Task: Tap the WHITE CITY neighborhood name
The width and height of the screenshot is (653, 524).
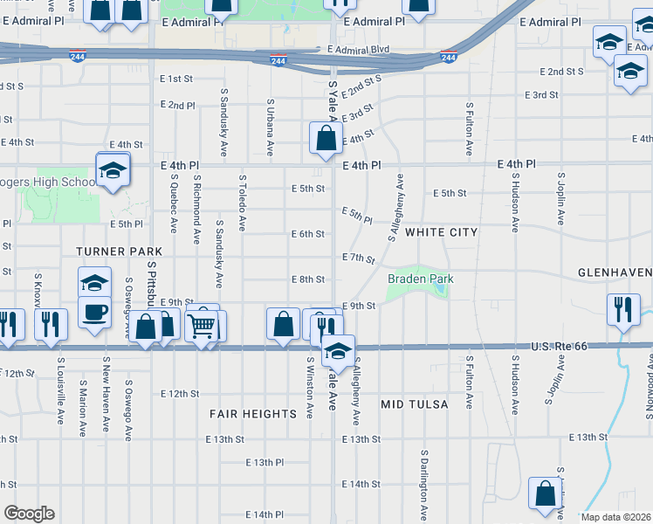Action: pyautogui.click(x=441, y=232)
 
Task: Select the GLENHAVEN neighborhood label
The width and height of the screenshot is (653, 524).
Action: pyautogui.click(x=615, y=272)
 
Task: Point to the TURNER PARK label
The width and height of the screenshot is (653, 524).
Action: pyautogui.click(x=109, y=251)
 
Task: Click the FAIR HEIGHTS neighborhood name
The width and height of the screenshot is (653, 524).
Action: pyautogui.click(x=253, y=413)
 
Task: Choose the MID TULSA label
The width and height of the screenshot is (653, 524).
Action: pyautogui.click(x=415, y=404)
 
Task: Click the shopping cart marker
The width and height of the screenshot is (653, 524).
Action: pyautogui.click(x=202, y=325)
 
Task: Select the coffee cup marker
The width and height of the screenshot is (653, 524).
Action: pyautogui.click(x=94, y=312)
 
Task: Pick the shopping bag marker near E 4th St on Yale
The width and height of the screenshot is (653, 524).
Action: pyautogui.click(x=326, y=138)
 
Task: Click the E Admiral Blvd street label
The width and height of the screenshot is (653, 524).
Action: pyautogui.click(x=358, y=51)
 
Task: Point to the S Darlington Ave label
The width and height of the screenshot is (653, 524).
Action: pyautogui.click(x=423, y=486)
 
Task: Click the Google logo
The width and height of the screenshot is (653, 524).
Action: pyautogui.click(x=29, y=513)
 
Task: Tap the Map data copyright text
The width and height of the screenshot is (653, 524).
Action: pyautogui.click(x=615, y=517)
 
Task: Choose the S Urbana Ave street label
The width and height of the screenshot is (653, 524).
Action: pyautogui.click(x=270, y=128)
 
